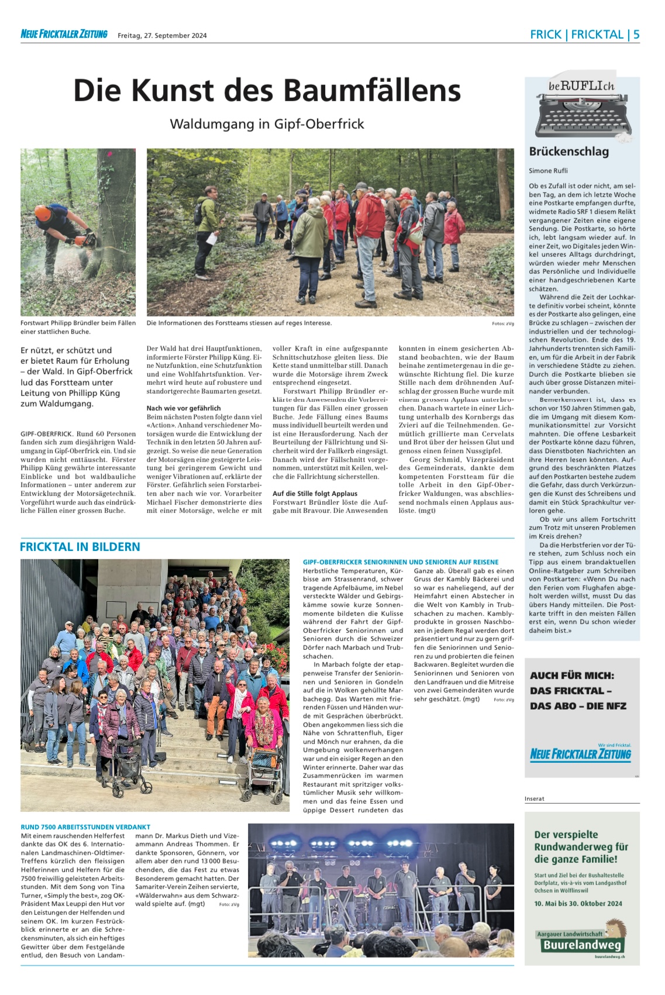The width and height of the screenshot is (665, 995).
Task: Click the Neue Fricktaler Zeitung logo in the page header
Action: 64,35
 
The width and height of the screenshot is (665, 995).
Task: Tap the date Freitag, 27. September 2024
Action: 162,36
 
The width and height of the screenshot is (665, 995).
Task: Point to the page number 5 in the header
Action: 636,35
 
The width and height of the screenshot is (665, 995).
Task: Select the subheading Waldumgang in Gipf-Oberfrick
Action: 267,124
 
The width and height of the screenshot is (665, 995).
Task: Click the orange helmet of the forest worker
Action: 43,214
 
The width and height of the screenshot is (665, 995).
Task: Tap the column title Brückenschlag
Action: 568,152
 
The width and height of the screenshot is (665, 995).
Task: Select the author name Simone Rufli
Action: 548,171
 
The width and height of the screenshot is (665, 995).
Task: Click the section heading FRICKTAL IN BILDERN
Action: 80,547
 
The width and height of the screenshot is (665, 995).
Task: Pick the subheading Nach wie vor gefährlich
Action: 184,408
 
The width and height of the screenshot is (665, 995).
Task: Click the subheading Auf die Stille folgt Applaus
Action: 315,494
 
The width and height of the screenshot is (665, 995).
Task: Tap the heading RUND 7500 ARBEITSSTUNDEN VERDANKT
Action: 85,827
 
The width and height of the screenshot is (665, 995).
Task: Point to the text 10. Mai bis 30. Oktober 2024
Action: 578,904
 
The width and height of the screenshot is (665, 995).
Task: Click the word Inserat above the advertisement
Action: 535,798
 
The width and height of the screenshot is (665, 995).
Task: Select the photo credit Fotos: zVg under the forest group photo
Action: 502,323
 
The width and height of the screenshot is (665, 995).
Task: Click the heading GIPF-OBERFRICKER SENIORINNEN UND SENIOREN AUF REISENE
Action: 401,562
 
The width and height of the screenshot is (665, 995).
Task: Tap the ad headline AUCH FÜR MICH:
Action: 572,676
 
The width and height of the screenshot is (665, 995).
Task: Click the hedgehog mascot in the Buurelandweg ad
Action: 615,929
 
